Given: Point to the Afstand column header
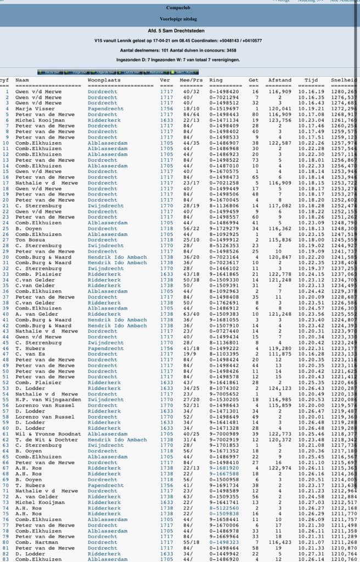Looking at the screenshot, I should click(x=279, y=80).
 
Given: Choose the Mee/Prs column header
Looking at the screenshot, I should click(x=190, y=80).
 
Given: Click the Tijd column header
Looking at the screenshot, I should click(x=311, y=80).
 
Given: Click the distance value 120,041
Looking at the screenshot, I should click(x=279, y=109).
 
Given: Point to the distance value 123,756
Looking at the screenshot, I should click(x=279, y=120).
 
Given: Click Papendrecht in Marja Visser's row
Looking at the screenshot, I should click(x=106, y=109).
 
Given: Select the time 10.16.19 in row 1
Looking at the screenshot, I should click(x=311, y=91).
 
